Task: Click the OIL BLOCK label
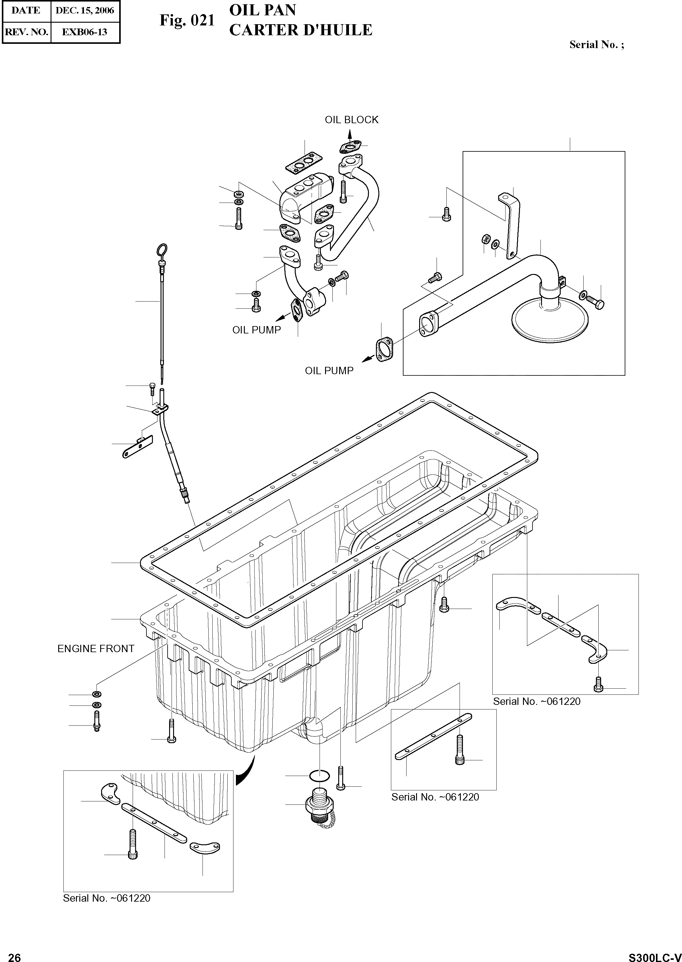(351, 120)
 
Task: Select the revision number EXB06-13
(85, 32)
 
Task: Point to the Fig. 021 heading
(187, 21)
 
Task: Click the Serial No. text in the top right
(596, 45)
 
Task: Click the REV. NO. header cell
(26, 32)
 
